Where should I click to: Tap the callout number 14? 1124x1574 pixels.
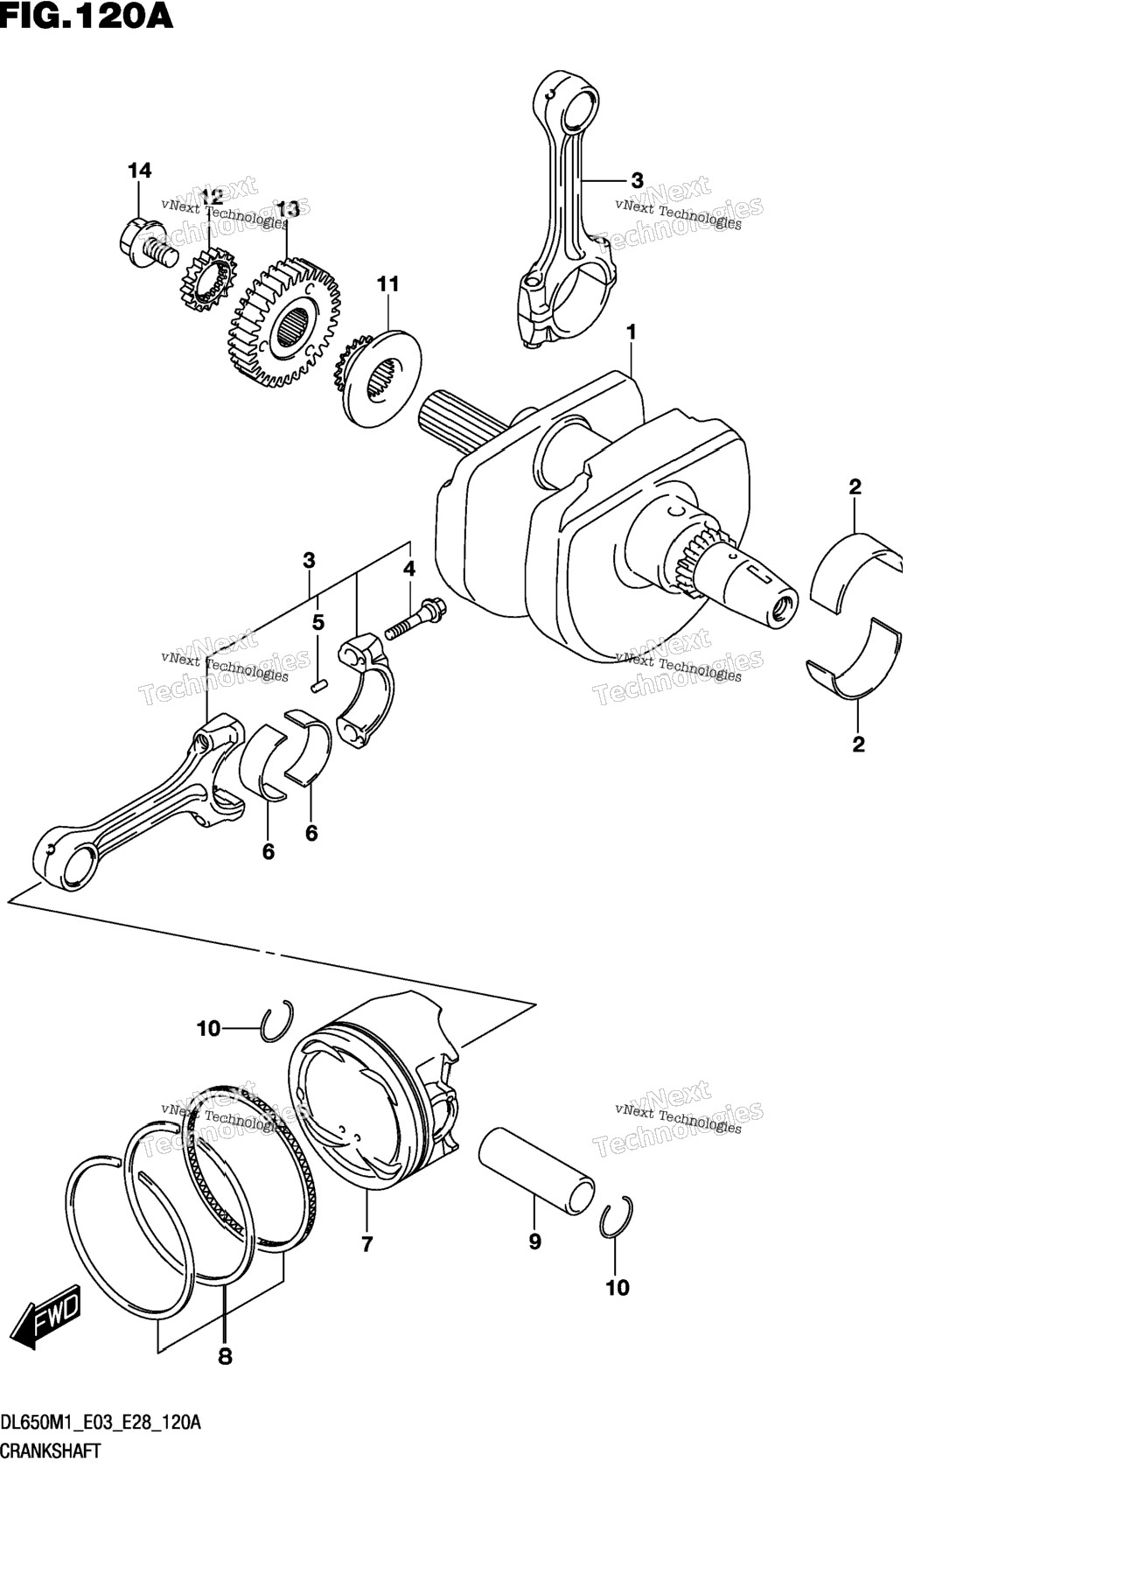pos(139,171)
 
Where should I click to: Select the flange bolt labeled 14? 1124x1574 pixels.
pos(147,244)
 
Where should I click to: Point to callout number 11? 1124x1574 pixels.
pos(387,283)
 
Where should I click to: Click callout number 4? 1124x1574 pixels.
pos(408,569)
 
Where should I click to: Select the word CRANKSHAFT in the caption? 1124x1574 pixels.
pos(51,1451)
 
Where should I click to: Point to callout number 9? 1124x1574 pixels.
pos(534,1242)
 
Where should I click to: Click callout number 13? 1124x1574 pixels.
pos(288,209)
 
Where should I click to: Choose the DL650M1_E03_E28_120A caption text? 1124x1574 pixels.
pos(101,1423)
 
